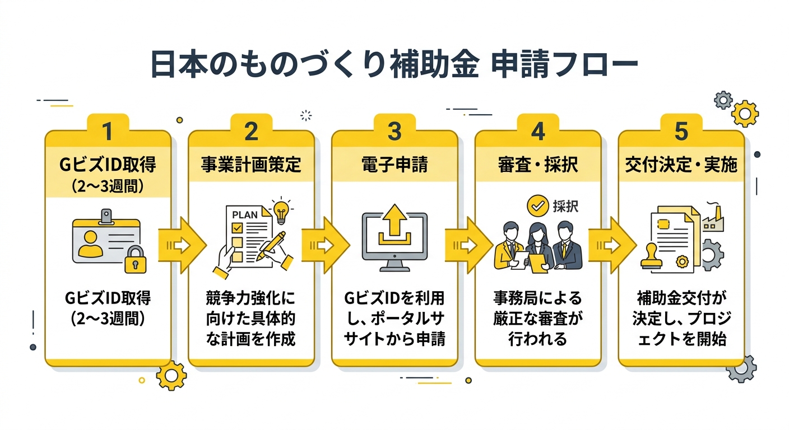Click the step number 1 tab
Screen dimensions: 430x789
108,131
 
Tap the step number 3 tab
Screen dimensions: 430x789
395,131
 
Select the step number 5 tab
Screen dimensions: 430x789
681,131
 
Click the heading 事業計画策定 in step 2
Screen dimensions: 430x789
251,165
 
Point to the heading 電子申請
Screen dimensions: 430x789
395,165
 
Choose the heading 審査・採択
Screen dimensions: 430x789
537,165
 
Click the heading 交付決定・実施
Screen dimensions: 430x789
681,165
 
